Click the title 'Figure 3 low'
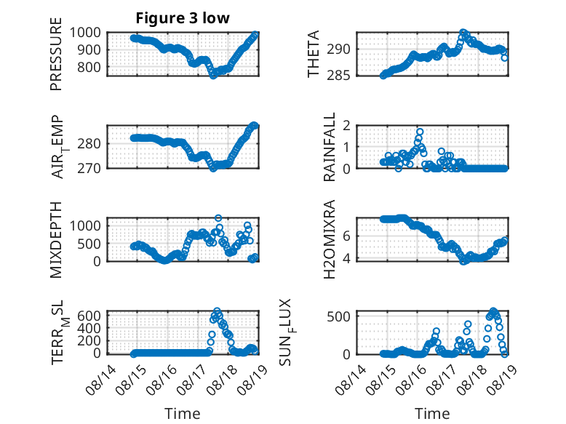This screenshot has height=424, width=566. [x=183, y=18]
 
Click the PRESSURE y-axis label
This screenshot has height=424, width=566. [x=56, y=54]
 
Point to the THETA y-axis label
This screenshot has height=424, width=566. [x=314, y=54]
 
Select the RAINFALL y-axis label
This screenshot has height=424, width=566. [x=330, y=147]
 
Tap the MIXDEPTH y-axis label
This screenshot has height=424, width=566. [x=56, y=240]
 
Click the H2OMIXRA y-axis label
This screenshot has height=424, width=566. [x=330, y=239]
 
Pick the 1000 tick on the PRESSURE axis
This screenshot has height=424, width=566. [x=85, y=33]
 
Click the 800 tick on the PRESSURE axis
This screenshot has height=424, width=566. [x=89, y=67]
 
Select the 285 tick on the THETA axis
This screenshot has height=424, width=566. [x=338, y=76]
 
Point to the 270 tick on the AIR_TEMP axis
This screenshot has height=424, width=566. [x=89, y=168]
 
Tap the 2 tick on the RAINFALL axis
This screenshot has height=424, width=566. [x=346, y=126]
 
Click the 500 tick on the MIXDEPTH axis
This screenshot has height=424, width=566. [x=89, y=244]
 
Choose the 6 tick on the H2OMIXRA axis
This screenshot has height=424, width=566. [x=346, y=236]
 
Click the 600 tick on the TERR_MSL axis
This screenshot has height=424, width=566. [x=89, y=316]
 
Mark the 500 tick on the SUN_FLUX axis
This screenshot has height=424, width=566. [x=338, y=316]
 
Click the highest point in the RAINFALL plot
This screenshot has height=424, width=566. [x=420, y=132]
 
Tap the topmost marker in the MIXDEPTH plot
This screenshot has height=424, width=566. [x=218, y=218]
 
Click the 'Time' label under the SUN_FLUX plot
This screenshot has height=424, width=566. [x=432, y=413]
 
